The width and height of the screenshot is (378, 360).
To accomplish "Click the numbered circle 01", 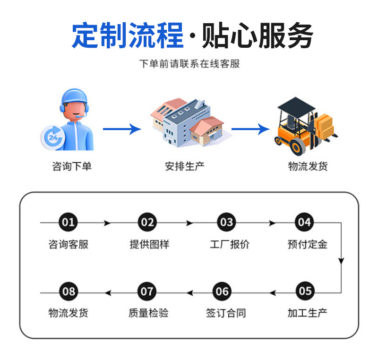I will point(69,222).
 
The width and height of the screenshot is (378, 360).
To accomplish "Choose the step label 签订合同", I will point(226,313).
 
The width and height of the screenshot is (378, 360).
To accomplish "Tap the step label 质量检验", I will point(148,313).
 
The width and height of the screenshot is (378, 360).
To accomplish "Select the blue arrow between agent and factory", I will point(122,129).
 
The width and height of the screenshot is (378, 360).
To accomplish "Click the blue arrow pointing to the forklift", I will point(250,129).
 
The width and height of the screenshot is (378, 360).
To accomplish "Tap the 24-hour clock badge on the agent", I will point(52,137).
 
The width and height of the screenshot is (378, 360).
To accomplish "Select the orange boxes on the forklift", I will point(325,124).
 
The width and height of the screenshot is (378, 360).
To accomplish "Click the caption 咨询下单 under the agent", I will point(71,166).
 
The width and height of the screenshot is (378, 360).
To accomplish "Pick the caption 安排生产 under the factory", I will point(185,166).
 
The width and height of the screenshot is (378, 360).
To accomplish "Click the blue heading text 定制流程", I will point(128,36).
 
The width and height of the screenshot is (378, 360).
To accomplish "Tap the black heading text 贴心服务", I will point(258,36).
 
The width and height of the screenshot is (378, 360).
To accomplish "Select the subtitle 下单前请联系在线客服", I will point(189,63).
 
